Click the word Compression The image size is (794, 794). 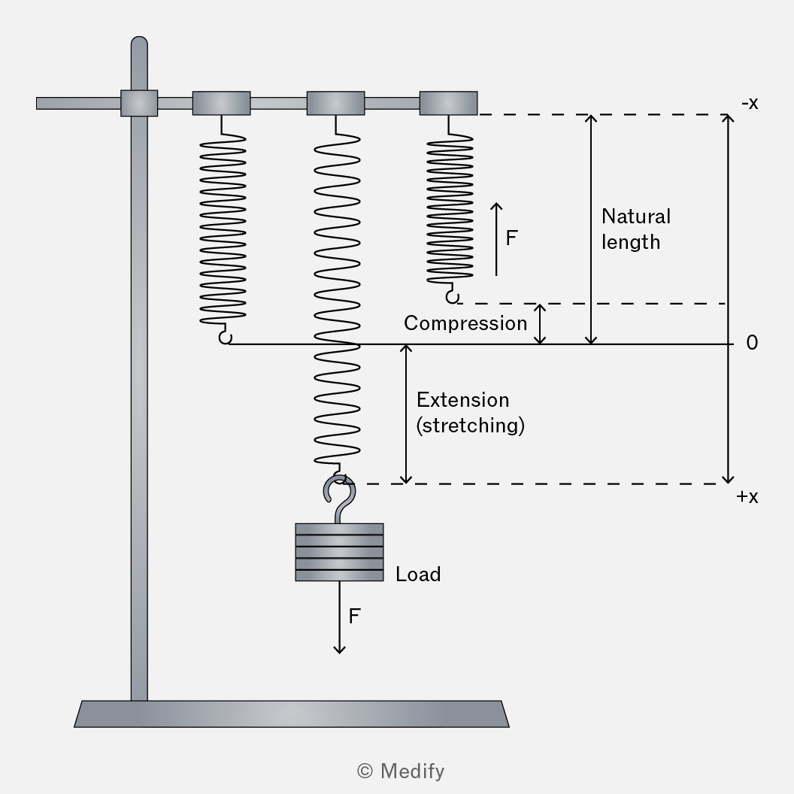coord(465,323)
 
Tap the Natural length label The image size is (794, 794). coord(636,229)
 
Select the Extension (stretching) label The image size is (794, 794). coord(471,413)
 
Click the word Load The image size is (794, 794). coord(418,574)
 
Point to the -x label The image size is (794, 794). coord(750,103)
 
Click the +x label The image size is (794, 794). coord(747,497)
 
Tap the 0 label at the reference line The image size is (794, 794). coord(752,343)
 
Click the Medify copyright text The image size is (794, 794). coord(401,771)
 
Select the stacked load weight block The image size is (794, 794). coord(339,552)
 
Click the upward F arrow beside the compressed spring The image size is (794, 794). coord(496,239)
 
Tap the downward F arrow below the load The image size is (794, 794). coord(339,617)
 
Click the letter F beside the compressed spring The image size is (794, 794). coord(511,238)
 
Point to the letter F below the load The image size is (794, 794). coord(354,617)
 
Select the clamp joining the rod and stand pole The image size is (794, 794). coord(139,103)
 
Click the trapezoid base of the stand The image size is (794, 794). coord(292,714)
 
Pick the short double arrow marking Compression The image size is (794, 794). coord(541,324)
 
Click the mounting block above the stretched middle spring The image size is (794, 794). coord(335,103)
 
